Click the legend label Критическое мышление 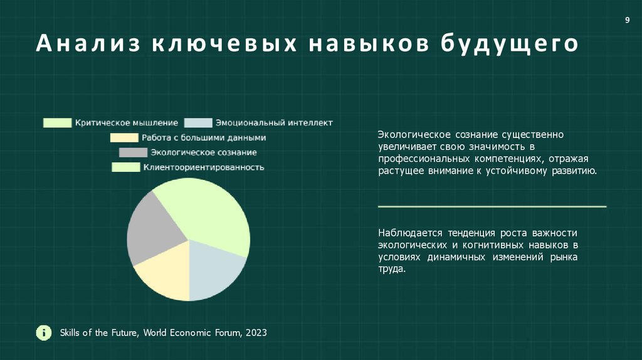[x=126, y=123]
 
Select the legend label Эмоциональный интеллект [x=273, y=123]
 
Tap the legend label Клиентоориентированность [x=203, y=167]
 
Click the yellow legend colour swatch [x=124, y=138]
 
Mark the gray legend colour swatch [x=133, y=152]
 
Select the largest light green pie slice [x=207, y=213]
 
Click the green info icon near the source [x=43, y=332]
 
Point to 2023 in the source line [x=256, y=332]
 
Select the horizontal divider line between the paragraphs [x=492, y=206]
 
